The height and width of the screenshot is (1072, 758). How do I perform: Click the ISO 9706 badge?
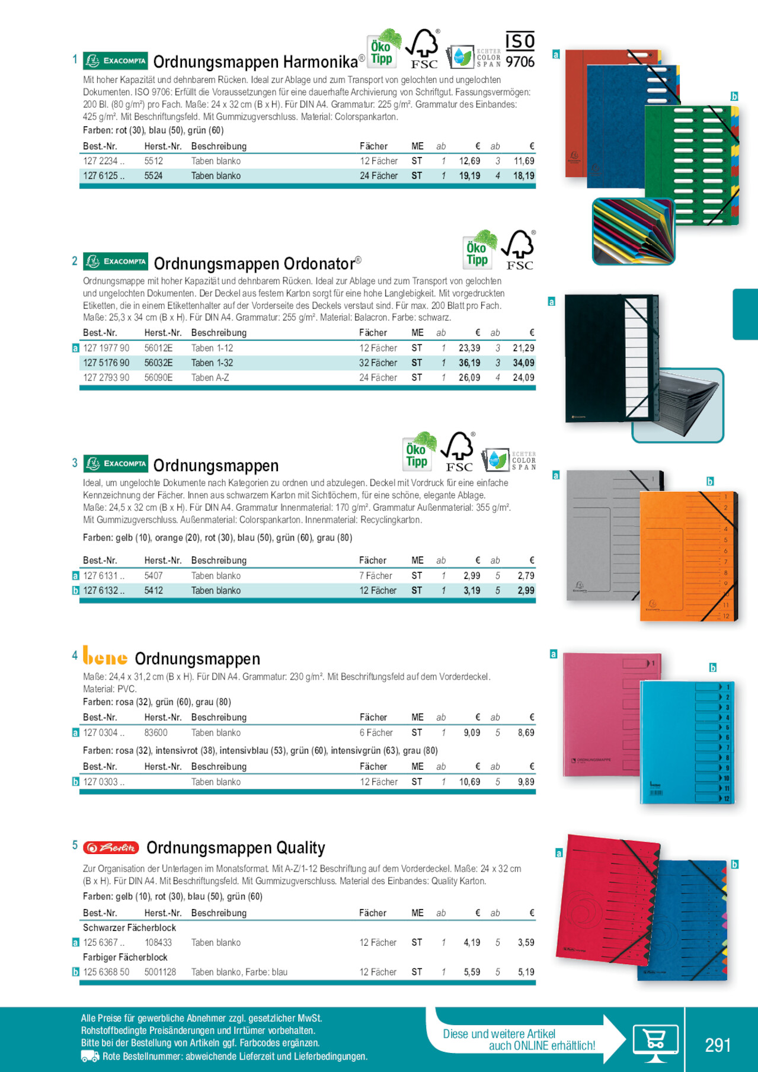[x=520, y=50]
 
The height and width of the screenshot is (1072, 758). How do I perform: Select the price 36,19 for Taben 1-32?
[x=469, y=363]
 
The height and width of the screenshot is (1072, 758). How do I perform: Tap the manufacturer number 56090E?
[x=158, y=377]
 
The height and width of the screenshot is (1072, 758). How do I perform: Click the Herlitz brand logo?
[x=111, y=847]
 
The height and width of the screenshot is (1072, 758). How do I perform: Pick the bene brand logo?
[x=105, y=657]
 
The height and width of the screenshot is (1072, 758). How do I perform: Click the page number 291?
[x=718, y=1045]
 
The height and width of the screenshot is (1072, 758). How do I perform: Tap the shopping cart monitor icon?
[x=655, y=1042]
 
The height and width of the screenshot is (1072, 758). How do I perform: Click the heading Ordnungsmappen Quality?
[x=236, y=848]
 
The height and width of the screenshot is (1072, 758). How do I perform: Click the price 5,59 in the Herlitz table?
[x=472, y=972]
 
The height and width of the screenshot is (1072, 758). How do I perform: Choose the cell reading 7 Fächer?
[x=376, y=575]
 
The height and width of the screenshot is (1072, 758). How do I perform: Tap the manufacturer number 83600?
[x=156, y=732]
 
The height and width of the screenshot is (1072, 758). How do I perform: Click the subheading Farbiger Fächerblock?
[x=125, y=957]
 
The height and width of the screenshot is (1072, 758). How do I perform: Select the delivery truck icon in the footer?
[x=90, y=1056]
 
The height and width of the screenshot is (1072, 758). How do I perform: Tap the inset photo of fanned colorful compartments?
[x=633, y=231]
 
